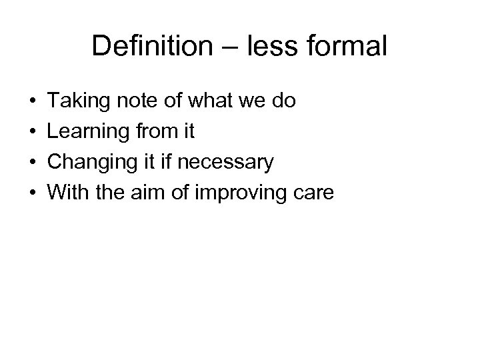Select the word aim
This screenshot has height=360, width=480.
(151, 192)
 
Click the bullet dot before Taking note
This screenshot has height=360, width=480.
(33, 103)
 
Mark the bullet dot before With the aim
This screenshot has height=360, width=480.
(33, 193)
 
